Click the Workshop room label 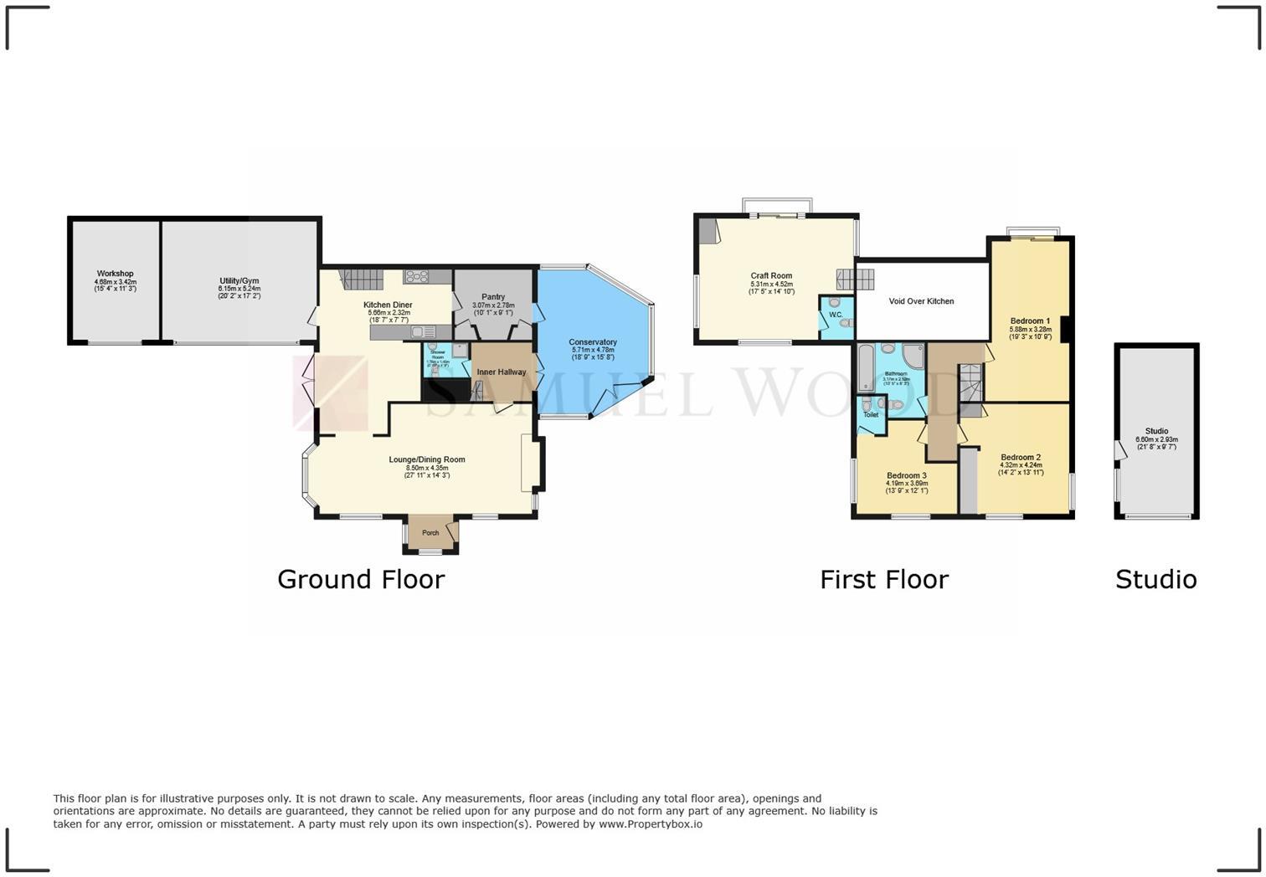[x=115, y=274]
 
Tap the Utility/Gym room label [x=239, y=281]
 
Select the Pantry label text [x=493, y=297]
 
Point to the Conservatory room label [x=593, y=342]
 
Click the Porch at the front [x=430, y=533]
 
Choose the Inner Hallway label [x=502, y=372]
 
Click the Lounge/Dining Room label [x=427, y=459]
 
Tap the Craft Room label [x=771, y=275]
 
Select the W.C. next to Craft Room [x=836, y=315]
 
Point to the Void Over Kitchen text [x=921, y=301]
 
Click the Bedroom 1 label [x=1030, y=321]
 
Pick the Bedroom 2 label [x=1021, y=458]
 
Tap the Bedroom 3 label [x=907, y=475]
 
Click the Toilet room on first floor [x=871, y=414]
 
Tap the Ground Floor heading [x=361, y=579]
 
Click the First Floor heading [x=884, y=579]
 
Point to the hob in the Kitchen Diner [x=416, y=276]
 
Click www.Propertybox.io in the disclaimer [x=650, y=824]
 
